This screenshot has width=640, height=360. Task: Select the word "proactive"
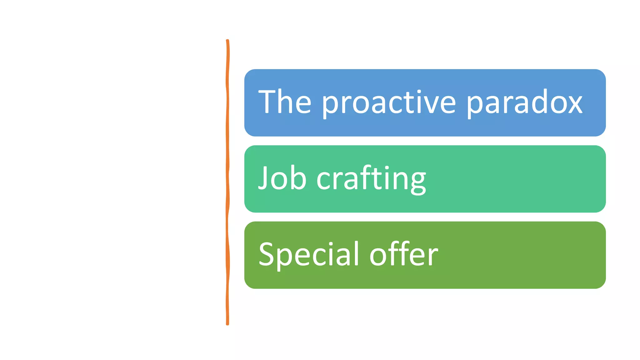tap(389, 103)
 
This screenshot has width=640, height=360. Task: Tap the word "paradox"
tap(525, 103)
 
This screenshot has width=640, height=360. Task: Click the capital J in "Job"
tap(263, 178)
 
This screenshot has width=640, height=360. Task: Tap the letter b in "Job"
tap(299, 178)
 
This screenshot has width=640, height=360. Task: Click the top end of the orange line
tap(227, 41)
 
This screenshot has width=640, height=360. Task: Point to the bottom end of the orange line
tap(227, 324)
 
